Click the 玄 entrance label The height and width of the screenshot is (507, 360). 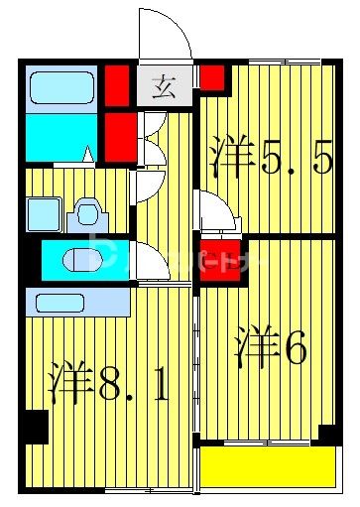click(161, 87)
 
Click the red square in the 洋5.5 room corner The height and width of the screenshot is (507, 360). click(212, 77)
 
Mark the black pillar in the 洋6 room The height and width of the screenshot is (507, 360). click(327, 434)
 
